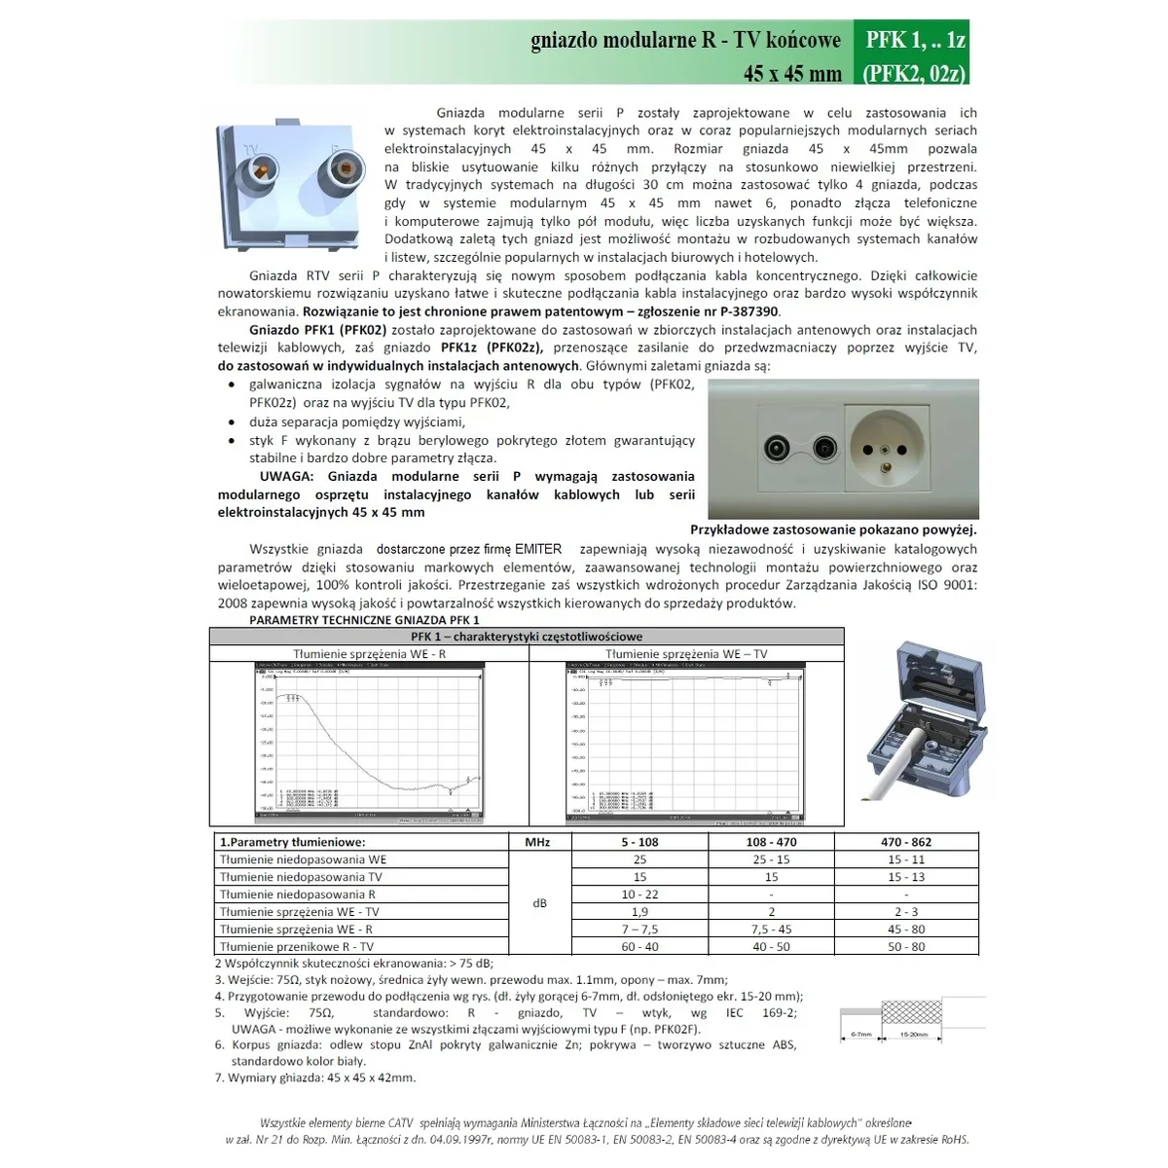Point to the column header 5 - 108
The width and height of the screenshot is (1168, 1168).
[639, 842]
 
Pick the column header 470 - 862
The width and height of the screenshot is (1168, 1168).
[905, 842]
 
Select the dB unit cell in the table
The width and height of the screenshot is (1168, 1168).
[539, 903]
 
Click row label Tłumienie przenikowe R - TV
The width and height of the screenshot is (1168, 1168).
[297, 946]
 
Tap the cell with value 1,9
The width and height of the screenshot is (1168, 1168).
[639, 912]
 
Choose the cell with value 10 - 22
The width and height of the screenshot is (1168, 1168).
[639, 894]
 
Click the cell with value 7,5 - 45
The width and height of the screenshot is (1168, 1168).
[771, 930]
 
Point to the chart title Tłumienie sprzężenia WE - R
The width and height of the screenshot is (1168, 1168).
[369, 654]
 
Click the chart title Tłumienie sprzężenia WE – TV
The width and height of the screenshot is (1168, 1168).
[686, 654]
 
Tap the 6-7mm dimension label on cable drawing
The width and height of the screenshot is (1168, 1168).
[860, 1035]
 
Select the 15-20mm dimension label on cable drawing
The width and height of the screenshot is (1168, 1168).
[913, 1035]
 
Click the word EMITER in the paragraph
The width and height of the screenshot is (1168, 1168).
[538, 549]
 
